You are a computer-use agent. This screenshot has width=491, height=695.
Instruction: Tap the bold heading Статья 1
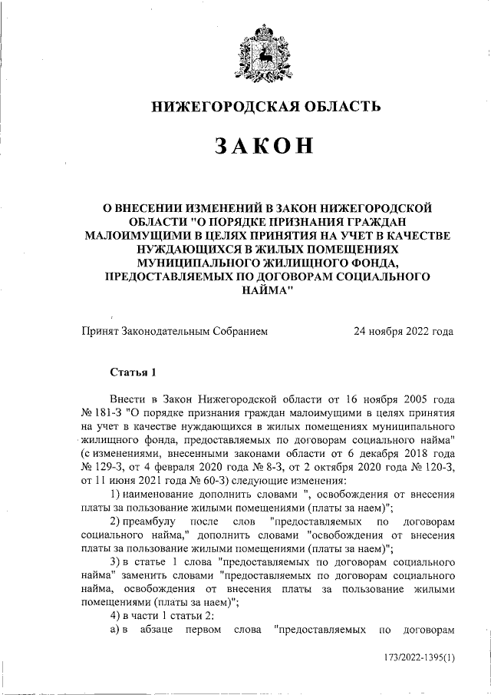[133, 373]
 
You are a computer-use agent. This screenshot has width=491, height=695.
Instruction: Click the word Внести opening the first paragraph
[128, 401]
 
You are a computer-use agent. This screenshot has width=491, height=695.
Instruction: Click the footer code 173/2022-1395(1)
[418, 657]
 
